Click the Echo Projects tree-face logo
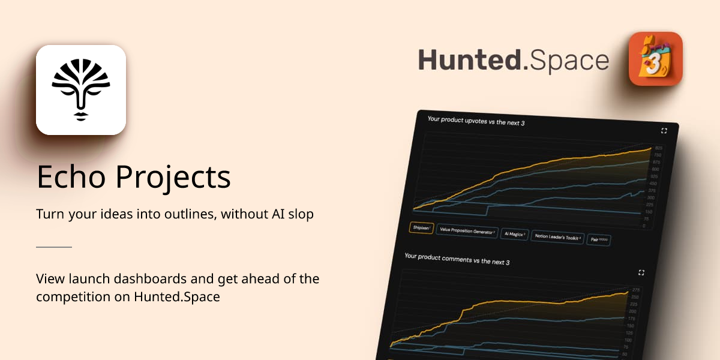point(81,90)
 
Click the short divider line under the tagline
point(54,247)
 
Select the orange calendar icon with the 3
point(655,59)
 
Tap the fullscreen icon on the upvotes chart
point(664,130)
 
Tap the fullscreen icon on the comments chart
point(641,272)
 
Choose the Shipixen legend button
point(421,228)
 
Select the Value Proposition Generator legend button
point(467,230)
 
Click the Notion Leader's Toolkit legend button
point(558,237)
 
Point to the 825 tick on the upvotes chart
point(658,148)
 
